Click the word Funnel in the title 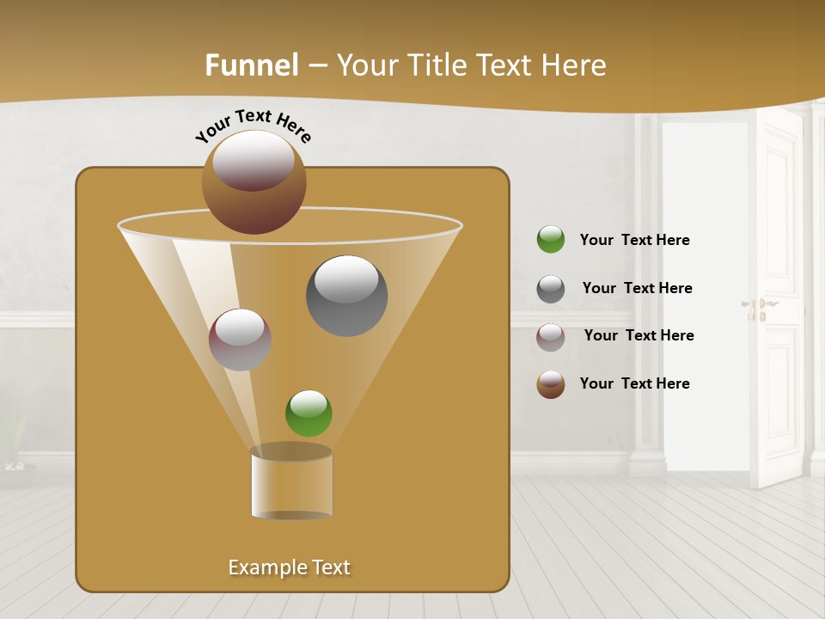click(x=251, y=65)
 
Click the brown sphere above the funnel click(x=254, y=181)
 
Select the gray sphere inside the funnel click(x=346, y=296)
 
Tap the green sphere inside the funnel click(x=309, y=413)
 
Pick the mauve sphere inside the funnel click(x=240, y=340)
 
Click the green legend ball click(x=551, y=240)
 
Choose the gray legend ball click(x=551, y=289)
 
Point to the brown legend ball click(x=551, y=384)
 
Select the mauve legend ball click(x=551, y=337)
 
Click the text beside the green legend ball click(x=634, y=241)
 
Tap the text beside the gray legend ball click(x=637, y=289)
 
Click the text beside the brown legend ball click(x=634, y=384)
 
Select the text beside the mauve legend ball click(x=639, y=336)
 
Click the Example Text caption click(x=289, y=567)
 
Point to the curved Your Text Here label click(x=254, y=123)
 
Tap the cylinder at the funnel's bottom click(x=291, y=484)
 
